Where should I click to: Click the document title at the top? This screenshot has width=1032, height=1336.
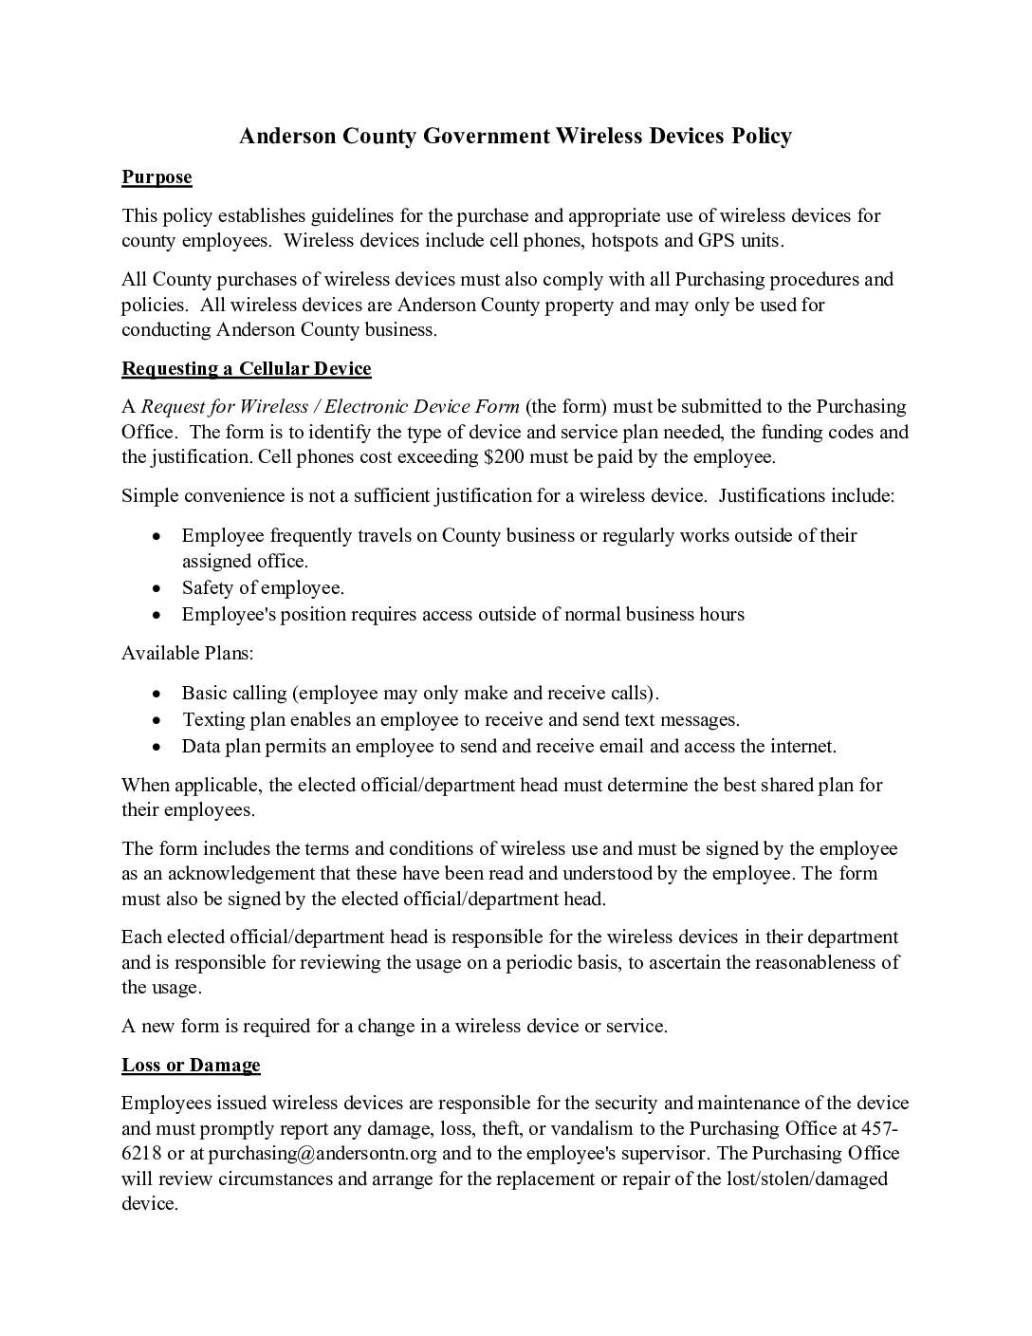coord(515,137)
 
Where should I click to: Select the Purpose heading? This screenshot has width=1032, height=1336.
coord(157,177)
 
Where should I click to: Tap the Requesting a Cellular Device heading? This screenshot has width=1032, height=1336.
coord(246,368)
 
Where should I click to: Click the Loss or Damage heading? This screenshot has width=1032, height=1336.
coord(191,1065)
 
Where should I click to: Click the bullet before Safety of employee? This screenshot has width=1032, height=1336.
coord(157,588)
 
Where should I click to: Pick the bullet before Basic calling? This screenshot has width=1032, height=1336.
coord(157,694)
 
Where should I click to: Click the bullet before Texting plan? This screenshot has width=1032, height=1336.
coord(157,720)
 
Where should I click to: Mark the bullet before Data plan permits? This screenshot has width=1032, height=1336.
coord(157,747)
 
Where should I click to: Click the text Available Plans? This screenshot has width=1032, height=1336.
coord(187,653)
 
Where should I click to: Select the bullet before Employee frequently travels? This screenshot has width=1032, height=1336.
coord(157,536)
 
